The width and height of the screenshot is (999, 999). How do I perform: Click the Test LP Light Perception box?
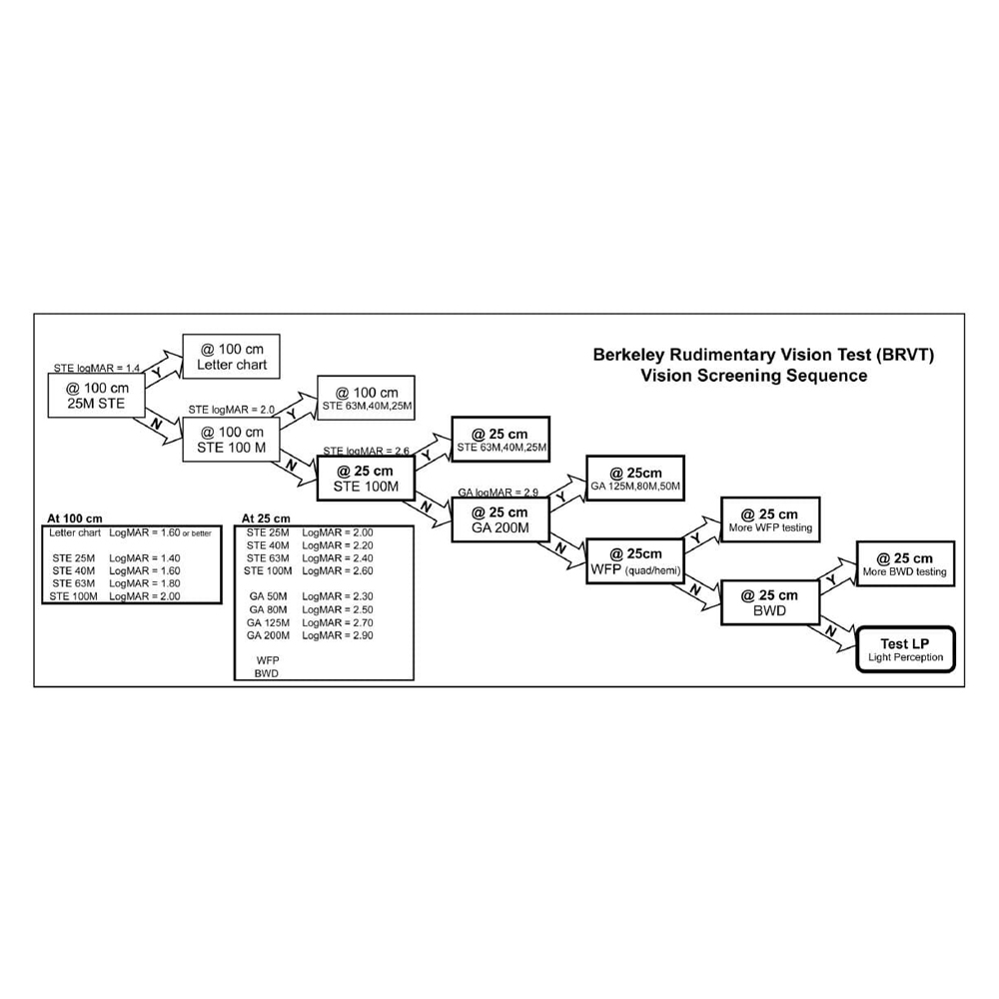(906, 650)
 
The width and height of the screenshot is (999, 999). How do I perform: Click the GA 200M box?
(497, 519)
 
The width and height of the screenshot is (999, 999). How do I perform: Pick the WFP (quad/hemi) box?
(636, 561)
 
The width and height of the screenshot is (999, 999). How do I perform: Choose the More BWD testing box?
(904, 564)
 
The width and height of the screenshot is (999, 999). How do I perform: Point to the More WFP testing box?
(770, 520)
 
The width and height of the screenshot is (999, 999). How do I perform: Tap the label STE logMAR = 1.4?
(97, 369)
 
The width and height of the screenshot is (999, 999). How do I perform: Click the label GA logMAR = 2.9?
(499, 493)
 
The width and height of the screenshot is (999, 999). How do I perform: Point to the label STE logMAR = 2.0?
(232, 410)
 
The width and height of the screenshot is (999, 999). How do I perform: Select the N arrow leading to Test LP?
(830, 629)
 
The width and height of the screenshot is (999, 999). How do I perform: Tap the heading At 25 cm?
(267, 518)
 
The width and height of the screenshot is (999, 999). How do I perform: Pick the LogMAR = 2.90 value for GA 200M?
(338, 635)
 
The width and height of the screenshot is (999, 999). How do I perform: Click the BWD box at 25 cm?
(771, 602)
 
